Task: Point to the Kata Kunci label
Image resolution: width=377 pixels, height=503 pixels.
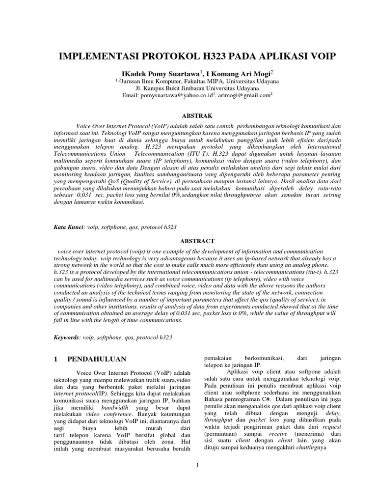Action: [69, 227]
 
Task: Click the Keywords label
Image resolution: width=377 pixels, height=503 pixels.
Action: [67, 338]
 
